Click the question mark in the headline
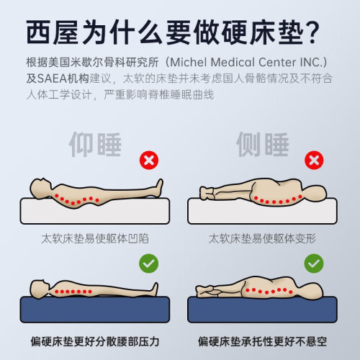tap(312, 32)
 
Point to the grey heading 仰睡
tap(95, 145)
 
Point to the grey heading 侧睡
tap(262, 145)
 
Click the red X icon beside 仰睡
tap(149, 160)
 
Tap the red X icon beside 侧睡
tap(314, 160)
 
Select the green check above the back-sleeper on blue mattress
tap(148, 264)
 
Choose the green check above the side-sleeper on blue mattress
tap(314, 264)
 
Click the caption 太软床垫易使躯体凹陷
tap(95, 238)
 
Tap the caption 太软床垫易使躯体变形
tap(262, 238)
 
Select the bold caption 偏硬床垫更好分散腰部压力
tap(95, 341)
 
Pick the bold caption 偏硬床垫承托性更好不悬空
tap(262, 341)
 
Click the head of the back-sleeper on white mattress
tap(40, 188)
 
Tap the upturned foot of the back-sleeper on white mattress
tap(159, 187)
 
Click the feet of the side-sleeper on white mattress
tap(206, 193)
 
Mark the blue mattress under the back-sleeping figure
tap(95, 310)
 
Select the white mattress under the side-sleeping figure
tap(262, 211)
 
